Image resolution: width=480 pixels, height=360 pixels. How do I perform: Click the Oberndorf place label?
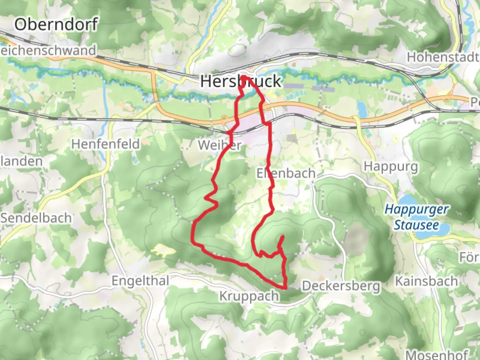click(x=56, y=25)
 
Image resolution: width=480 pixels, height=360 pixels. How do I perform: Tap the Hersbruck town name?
click(x=241, y=82)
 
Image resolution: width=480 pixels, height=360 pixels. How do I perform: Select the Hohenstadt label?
click(x=443, y=57)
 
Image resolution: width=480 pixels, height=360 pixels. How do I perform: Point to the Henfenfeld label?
click(x=105, y=144)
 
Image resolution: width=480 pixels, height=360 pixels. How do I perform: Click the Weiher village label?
click(x=219, y=145)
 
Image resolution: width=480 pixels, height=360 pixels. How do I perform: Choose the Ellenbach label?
click(x=286, y=173)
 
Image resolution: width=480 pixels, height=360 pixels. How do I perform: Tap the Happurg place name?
click(x=391, y=166)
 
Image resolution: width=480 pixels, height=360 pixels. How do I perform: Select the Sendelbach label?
click(x=36, y=218)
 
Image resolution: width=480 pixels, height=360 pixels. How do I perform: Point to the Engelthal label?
click(x=140, y=281)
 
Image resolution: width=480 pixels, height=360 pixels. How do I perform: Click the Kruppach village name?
click(x=249, y=296)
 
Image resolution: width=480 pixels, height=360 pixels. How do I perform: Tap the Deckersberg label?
click(x=341, y=286)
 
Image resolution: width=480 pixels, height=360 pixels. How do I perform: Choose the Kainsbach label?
click(x=426, y=281)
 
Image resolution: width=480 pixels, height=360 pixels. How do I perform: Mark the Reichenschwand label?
click(x=48, y=51)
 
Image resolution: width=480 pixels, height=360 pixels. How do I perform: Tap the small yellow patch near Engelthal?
click(x=163, y=250)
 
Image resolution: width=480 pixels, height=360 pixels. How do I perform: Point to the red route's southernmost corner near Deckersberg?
click(x=285, y=288)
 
